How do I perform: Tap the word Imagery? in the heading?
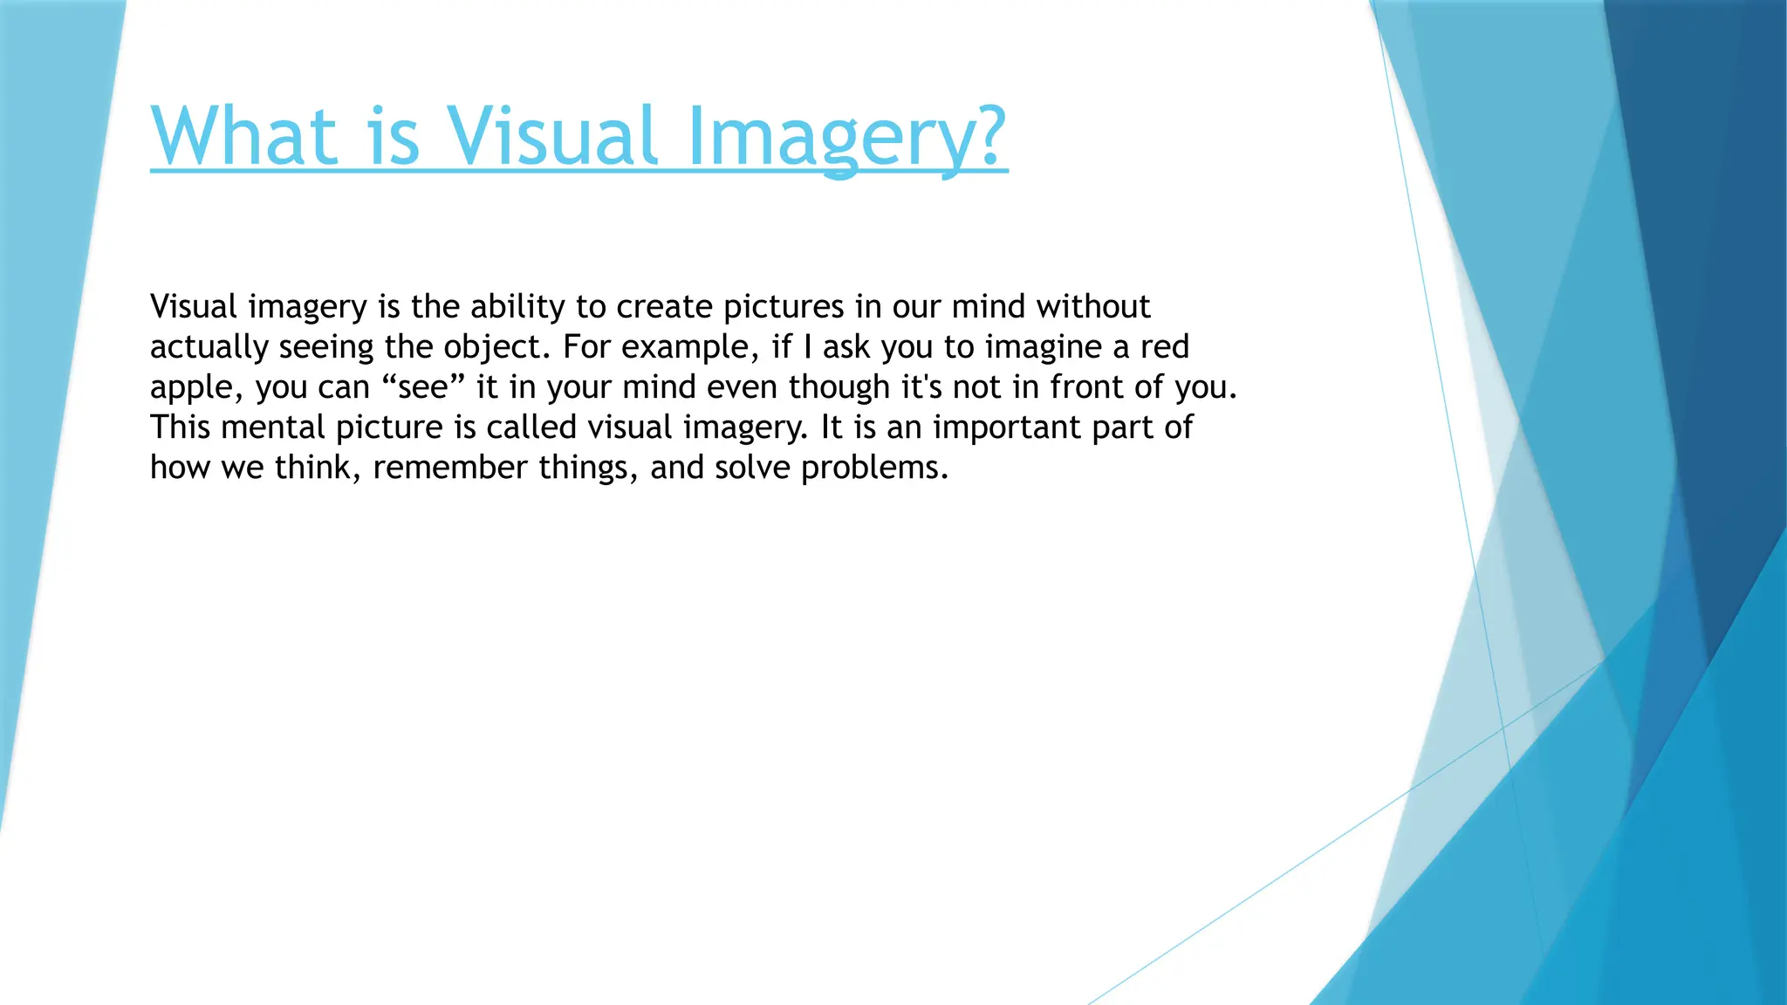coord(846,138)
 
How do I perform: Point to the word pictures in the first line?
coord(784,307)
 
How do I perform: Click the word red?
coord(1165,347)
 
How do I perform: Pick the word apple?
coord(191,388)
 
